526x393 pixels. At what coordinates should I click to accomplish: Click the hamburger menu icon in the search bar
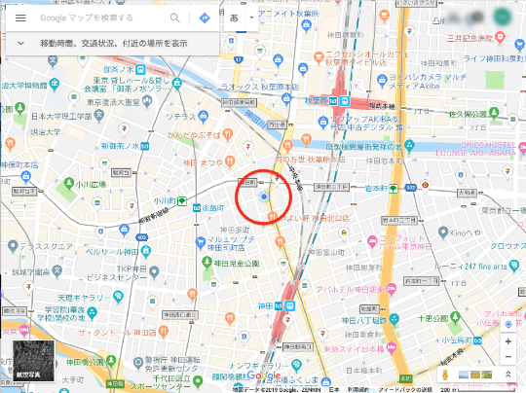(19, 18)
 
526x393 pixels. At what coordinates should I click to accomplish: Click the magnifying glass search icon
(175, 18)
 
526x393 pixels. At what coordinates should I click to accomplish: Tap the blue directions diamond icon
(205, 18)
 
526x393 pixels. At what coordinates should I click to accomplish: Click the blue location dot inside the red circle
(263, 197)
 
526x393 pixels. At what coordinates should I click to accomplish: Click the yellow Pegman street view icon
(445, 375)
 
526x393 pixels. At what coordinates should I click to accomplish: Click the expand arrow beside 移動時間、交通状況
(19, 44)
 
